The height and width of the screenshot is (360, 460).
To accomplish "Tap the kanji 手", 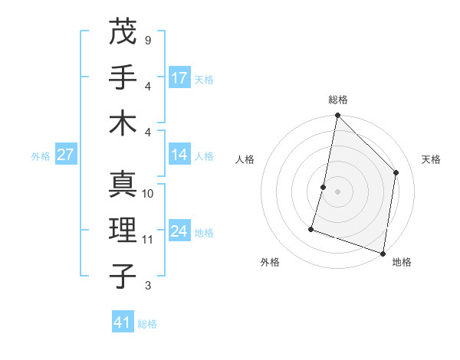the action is (123, 77).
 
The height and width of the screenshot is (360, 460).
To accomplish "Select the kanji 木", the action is (123, 123).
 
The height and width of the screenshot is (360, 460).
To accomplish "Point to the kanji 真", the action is (123, 184).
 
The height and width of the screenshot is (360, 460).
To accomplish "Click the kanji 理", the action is (123, 231).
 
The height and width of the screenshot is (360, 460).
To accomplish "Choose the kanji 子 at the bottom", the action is (123, 277).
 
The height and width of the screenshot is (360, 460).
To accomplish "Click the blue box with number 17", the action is (179, 78).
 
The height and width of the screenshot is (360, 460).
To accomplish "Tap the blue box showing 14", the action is (179, 155).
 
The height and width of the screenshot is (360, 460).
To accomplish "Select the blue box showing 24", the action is (179, 231).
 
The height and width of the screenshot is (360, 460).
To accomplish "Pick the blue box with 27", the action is (66, 155).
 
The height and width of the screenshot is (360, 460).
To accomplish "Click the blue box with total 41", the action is (123, 322).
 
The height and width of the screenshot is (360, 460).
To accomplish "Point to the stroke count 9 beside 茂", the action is (147, 39).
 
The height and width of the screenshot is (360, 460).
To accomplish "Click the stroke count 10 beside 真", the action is (148, 193).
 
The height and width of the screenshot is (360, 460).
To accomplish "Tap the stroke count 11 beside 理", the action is (148, 240).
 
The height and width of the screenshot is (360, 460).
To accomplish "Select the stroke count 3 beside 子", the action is (147, 286).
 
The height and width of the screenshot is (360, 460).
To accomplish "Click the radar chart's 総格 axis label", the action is (338, 100).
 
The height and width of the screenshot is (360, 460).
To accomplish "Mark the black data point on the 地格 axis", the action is (383, 253).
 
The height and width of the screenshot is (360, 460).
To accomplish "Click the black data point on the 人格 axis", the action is (324, 187).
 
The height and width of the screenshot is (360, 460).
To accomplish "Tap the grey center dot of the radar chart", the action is (337, 191).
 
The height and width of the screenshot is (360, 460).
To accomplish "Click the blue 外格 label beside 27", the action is (40, 155).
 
